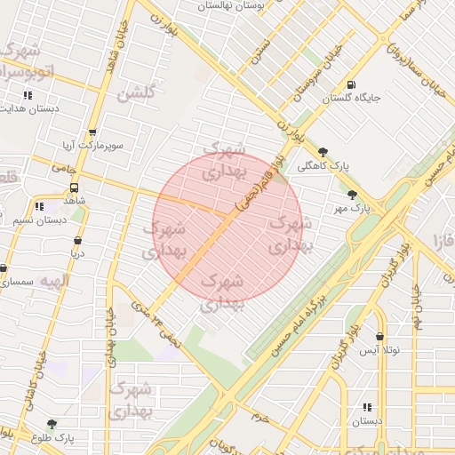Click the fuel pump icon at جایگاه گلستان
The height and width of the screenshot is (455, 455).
[352, 85]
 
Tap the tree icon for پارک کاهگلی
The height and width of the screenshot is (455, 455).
[323, 152]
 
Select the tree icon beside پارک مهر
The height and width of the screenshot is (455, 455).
[353, 194]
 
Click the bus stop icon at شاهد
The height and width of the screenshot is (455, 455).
[74, 188]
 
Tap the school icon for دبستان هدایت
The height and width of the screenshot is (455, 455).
[28, 95]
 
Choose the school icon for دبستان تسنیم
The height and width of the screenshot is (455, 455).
[38, 206]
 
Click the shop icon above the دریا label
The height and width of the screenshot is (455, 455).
[78, 240]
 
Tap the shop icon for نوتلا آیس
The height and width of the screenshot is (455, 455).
[381, 337]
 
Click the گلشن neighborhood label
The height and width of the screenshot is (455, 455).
[137, 92]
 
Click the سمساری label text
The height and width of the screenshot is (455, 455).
[18, 282]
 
